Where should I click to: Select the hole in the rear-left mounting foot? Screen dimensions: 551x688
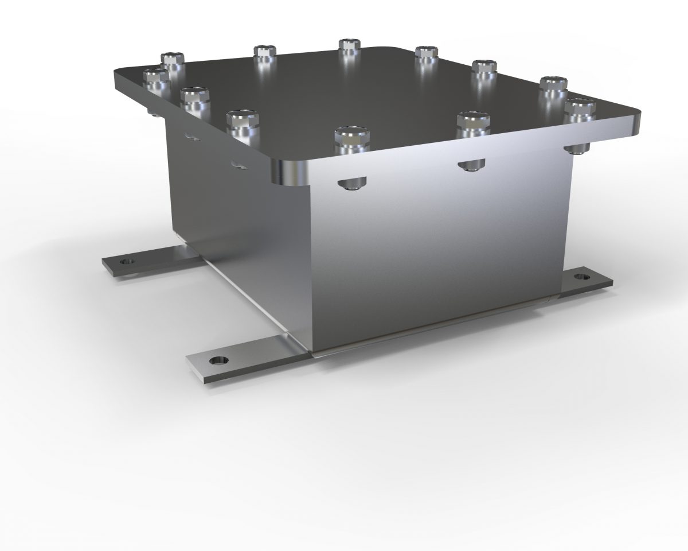click(126, 262)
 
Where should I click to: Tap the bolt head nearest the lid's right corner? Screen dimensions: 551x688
click(580, 108)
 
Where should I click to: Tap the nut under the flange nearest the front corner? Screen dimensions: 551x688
click(350, 184)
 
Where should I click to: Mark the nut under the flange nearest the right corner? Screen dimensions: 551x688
click(576, 149)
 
